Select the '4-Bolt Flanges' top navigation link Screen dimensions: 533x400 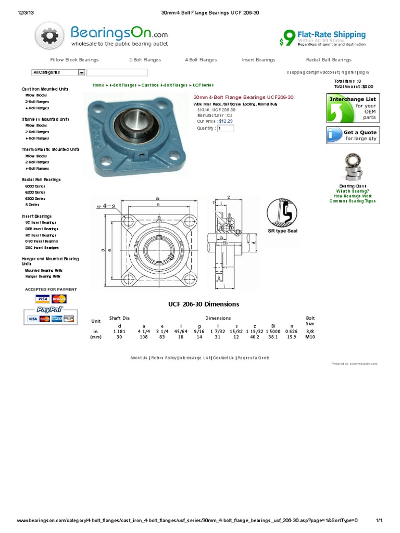(x=201, y=60)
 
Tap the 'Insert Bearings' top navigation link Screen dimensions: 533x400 (x=258, y=60)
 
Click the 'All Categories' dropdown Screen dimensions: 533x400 (x=58, y=72)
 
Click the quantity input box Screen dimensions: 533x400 (x=226, y=128)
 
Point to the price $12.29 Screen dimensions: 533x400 (x=226, y=121)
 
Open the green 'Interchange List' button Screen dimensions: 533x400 (x=352, y=108)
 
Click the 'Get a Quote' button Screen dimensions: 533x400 (x=352, y=135)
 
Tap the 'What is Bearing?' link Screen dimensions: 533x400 (x=353, y=191)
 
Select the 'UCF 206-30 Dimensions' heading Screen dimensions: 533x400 (x=204, y=304)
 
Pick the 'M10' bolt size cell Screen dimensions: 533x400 (x=310, y=337)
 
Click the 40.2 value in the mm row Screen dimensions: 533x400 (x=255, y=337)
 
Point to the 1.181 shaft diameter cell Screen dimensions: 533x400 (x=120, y=331)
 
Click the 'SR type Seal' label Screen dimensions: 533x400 (x=283, y=231)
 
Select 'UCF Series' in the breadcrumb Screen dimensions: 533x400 (x=203, y=85)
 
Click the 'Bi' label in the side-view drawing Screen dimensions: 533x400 (x=226, y=243)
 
